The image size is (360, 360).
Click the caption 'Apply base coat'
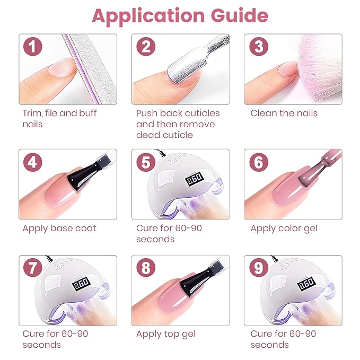pos(59,229)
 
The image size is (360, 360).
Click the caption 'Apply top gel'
pos(166,333)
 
